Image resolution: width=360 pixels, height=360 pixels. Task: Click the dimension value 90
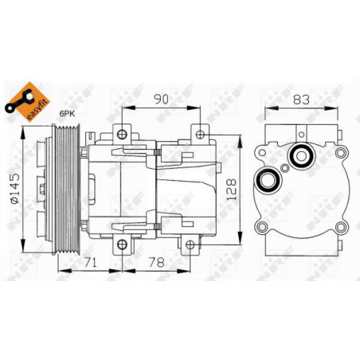162,99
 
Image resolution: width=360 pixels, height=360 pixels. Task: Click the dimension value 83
301,100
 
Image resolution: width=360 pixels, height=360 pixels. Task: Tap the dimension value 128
231,190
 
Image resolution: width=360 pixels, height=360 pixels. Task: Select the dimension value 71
91,262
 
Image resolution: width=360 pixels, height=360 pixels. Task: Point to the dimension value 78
157,262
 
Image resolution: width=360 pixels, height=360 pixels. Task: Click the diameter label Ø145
14,189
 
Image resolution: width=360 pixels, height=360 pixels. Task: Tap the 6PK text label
67,114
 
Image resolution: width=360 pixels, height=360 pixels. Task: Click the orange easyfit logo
28,102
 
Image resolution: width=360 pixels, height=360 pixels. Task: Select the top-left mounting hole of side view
122,135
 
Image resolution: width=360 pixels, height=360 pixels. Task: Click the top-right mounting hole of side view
200,135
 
